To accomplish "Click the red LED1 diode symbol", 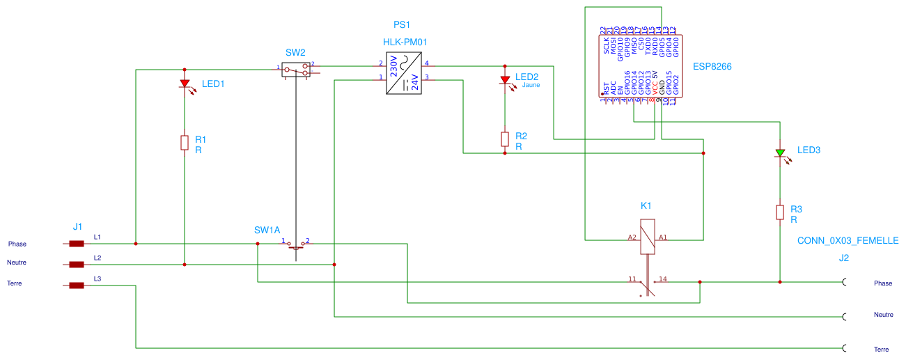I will [185, 84].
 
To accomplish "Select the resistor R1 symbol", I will [185, 143].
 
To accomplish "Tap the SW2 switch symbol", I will [297, 70].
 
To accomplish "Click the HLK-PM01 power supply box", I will [405, 74].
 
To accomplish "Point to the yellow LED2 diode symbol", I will [505, 80].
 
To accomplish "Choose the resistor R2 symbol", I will [505, 139].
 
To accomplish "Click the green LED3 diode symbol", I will [780, 152].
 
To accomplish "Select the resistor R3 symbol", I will [780, 212].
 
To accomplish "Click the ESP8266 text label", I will [712, 67].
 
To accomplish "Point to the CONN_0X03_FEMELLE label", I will [848, 240].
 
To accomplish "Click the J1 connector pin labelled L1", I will [77, 244].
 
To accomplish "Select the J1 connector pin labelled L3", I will [77, 285].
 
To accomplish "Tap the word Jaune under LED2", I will [531, 86].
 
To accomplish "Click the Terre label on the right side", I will [882, 349].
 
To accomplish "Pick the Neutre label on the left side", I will [17, 263].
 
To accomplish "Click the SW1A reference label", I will [267, 230].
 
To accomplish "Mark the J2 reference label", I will [844, 258].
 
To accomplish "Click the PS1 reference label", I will [403, 24].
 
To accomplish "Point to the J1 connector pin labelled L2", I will [77, 265].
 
